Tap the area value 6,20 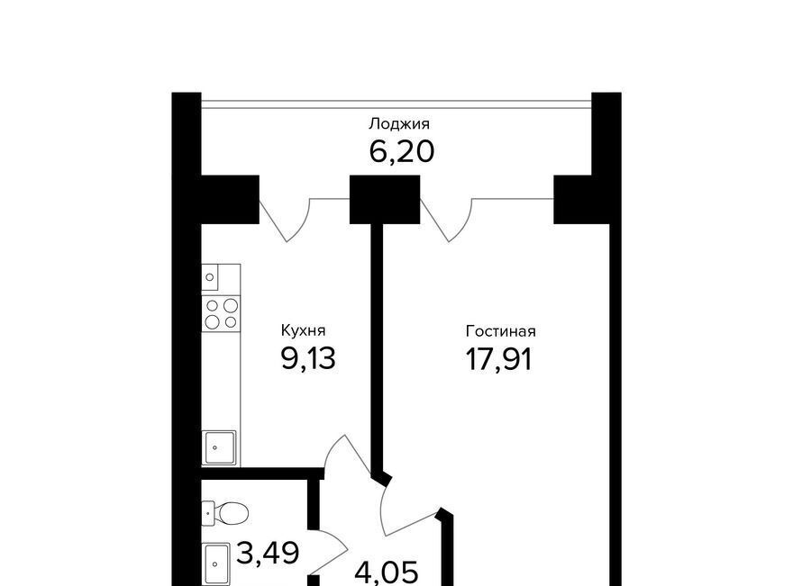[402, 151]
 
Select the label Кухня [303, 331]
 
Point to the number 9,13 [308, 358]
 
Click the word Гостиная [500, 331]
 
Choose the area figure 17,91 [498, 360]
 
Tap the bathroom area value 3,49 [268, 553]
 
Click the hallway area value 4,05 [387, 572]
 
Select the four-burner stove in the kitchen [221, 314]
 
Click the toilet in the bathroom [225, 514]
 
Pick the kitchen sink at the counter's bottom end [219, 447]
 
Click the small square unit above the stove [210, 277]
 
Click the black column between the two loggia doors [385, 200]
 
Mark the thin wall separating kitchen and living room [377, 348]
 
